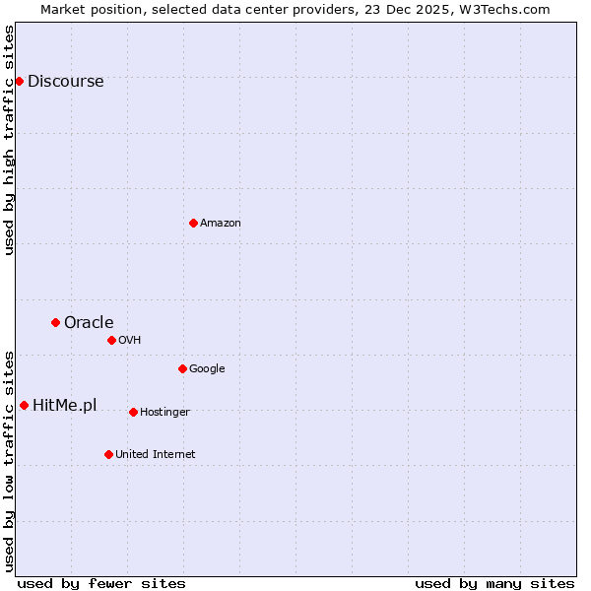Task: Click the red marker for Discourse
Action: [x=19, y=81]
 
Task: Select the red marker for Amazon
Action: [x=193, y=223]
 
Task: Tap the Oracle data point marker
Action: [x=55, y=322]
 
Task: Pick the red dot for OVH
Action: [x=111, y=340]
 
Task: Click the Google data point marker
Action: [x=182, y=368]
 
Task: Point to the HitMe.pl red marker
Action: [x=24, y=405]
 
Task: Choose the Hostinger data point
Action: [x=133, y=412]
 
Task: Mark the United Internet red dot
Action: [x=108, y=454]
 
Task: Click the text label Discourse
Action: [x=65, y=82]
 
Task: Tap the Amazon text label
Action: [x=221, y=224]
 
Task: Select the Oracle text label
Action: [x=89, y=323]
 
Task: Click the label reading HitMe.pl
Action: [x=64, y=406]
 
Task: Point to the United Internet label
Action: [x=156, y=455]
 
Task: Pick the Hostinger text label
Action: [x=164, y=413]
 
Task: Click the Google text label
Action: [x=207, y=369]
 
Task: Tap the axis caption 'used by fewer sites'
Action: [x=101, y=583]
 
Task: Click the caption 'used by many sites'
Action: [x=494, y=583]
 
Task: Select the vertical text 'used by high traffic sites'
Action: [x=10, y=140]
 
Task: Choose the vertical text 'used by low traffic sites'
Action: [x=10, y=460]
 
